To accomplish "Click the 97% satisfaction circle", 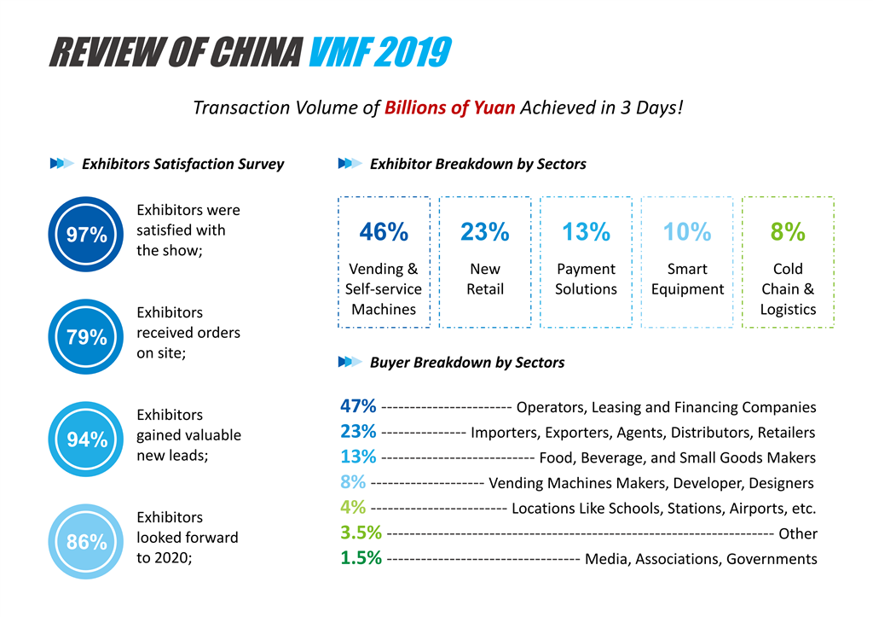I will [87, 235].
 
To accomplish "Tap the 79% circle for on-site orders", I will [87, 337].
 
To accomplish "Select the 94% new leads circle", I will [87, 439].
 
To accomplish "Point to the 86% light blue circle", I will [87, 542].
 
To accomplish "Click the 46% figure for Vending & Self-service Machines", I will [384, 231].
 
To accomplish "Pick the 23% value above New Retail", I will [484, 231].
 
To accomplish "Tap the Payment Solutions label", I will [586, 279].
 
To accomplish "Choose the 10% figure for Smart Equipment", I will [687, 231].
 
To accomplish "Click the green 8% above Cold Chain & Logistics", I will [788, 231].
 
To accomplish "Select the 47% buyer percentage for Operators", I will [358, 406].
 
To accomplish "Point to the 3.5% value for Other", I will [361, 533].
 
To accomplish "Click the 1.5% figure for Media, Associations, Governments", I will [361, 559].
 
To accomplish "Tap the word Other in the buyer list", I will [798, 534].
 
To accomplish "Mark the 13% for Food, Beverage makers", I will [358, 457].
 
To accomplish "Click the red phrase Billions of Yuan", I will [449, 108].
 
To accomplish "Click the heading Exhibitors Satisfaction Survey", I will [182, 164].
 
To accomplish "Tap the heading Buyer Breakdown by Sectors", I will [467, 362].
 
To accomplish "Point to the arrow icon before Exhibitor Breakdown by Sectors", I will [350, 164].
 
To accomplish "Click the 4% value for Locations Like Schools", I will [353, 508].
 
